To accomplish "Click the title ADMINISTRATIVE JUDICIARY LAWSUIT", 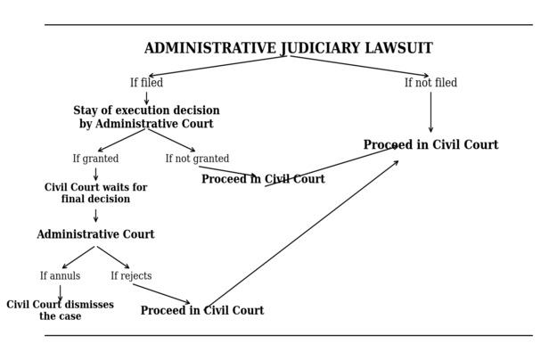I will click(288, 48).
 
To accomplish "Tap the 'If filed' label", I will click(146, 83).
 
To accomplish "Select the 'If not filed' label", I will click(430, 83).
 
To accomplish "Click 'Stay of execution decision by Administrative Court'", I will click(146, 118).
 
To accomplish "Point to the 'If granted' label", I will click(95, 159).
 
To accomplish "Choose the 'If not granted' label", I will click(197, 159).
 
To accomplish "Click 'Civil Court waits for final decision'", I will click(95, 193).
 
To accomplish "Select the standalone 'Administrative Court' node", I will click(95, 234).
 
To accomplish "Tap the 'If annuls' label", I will click(60, 276).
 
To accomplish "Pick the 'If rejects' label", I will click(131, 276).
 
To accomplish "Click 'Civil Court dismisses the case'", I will click(60, 310).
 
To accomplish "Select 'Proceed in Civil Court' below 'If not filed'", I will click(430, 145).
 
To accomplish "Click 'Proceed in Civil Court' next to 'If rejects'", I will click(202, 311).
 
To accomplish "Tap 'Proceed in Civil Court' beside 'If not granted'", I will click(263, 179).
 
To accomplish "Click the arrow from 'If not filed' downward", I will click(430, 111).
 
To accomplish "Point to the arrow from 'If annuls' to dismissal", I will click(60, 292).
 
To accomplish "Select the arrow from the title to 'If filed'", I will click(217, 66).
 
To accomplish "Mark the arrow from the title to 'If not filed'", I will click(359, 66).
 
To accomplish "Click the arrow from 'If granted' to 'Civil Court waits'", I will click(95, 174).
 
